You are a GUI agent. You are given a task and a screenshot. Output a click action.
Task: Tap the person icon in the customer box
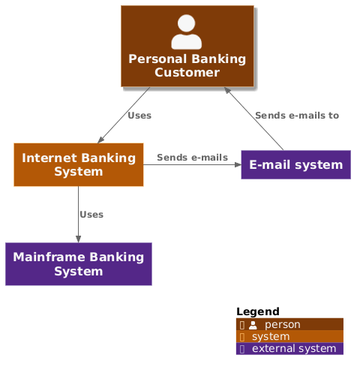point(187,33)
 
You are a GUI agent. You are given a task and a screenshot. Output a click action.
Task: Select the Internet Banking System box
point(79,164)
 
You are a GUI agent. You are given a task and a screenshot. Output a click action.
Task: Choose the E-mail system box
point(295,165)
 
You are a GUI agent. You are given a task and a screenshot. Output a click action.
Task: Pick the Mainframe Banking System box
point(79,263)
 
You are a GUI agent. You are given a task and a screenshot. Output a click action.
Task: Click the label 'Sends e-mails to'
point(297,116)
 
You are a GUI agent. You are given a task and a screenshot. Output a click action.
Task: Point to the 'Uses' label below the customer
point(139,116)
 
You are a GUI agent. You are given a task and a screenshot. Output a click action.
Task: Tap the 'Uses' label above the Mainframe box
point(91,215)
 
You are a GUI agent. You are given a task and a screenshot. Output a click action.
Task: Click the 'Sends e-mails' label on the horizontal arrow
point(192,158)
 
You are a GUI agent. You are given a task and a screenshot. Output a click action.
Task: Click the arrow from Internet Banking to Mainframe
point(78,215)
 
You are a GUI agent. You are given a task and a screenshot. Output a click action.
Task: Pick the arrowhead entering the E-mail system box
point(237,165)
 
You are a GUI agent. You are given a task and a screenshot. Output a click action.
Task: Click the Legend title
point(257,311)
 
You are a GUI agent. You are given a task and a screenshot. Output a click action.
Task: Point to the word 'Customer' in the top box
point(187,72)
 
